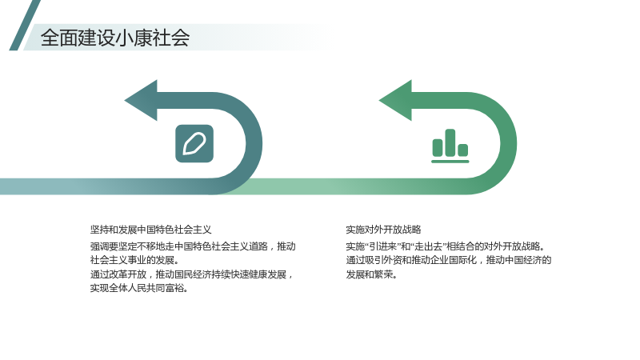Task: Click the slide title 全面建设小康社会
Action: click(x=115, y=38)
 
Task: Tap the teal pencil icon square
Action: click(x=194, y=144)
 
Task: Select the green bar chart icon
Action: click(x=450, y=146)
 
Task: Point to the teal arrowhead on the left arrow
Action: click(x=141, y=101)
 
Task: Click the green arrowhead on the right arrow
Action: click(x=395, y=101)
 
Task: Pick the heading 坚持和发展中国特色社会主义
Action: click(x=150, y=230)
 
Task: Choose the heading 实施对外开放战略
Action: click(x=383, y=230)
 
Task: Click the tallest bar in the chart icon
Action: click(x=450, y=142)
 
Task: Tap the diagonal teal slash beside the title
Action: click(x=25, y=26)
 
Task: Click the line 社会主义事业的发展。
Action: click(x=134, y=260)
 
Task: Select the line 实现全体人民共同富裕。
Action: click(x=139, y=288)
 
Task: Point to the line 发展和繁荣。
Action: click(x=371, y=274)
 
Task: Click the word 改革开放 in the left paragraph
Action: click(x=128, y=274)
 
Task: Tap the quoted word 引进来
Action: click(x=383, y=246)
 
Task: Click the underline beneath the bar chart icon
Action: click(x=450, y=162)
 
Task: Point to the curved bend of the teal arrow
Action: click(x=254, y=144)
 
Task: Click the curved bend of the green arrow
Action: click(x=509, y=144)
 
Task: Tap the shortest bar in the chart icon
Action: click(x=463, y=150)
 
